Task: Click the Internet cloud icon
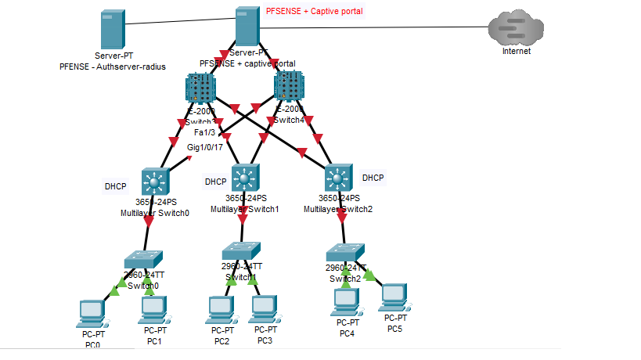pos(516,30)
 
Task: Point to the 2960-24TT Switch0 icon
pos(144,259)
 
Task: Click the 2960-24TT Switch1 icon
pos(240,250)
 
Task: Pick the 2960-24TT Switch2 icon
pos(345,252)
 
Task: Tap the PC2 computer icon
pos(221,311)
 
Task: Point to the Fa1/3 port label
pos(204,132)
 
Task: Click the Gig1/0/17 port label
pos(205,146)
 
